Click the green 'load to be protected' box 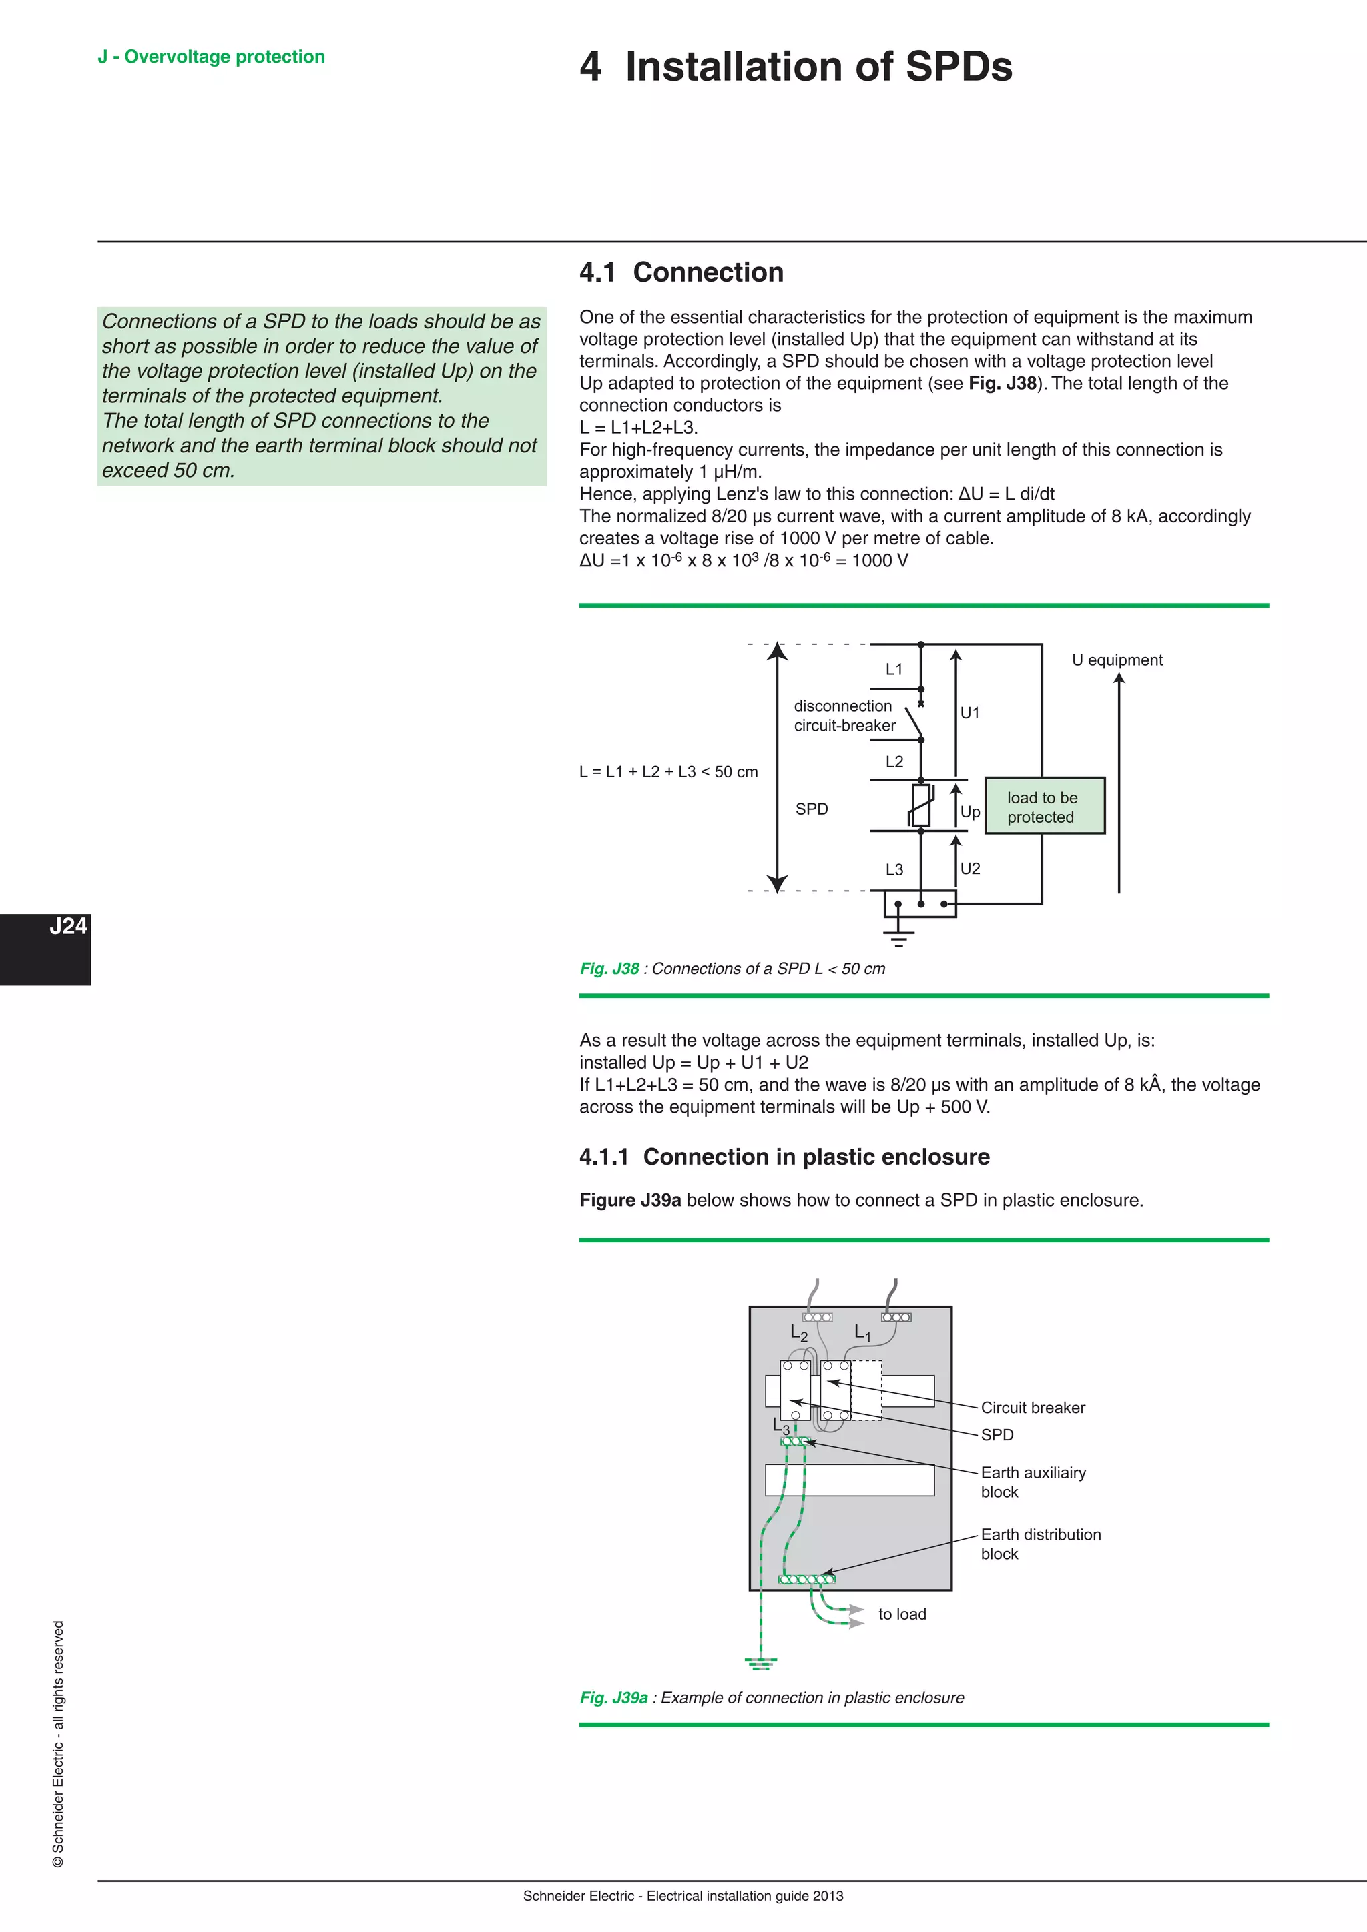point(1044,806)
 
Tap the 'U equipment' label point(1116,660)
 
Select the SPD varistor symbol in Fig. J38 point(921,805)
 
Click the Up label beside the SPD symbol point(970,812)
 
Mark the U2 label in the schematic point(970,869)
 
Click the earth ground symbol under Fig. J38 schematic point(898,936)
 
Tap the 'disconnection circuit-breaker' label point(844,716)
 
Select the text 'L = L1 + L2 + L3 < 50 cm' point(668,772)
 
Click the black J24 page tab point(45,949)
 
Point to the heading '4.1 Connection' point(681,273)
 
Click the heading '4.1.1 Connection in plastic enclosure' point(784,1157)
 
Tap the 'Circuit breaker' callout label point(1033,1408)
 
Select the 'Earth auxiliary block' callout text point(1033,1482)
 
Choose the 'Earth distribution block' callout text point(1041,1544)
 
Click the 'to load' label point(902,1614)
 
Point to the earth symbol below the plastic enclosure point(760,1662)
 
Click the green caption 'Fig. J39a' point(613,1697)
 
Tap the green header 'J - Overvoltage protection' point(212,57)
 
